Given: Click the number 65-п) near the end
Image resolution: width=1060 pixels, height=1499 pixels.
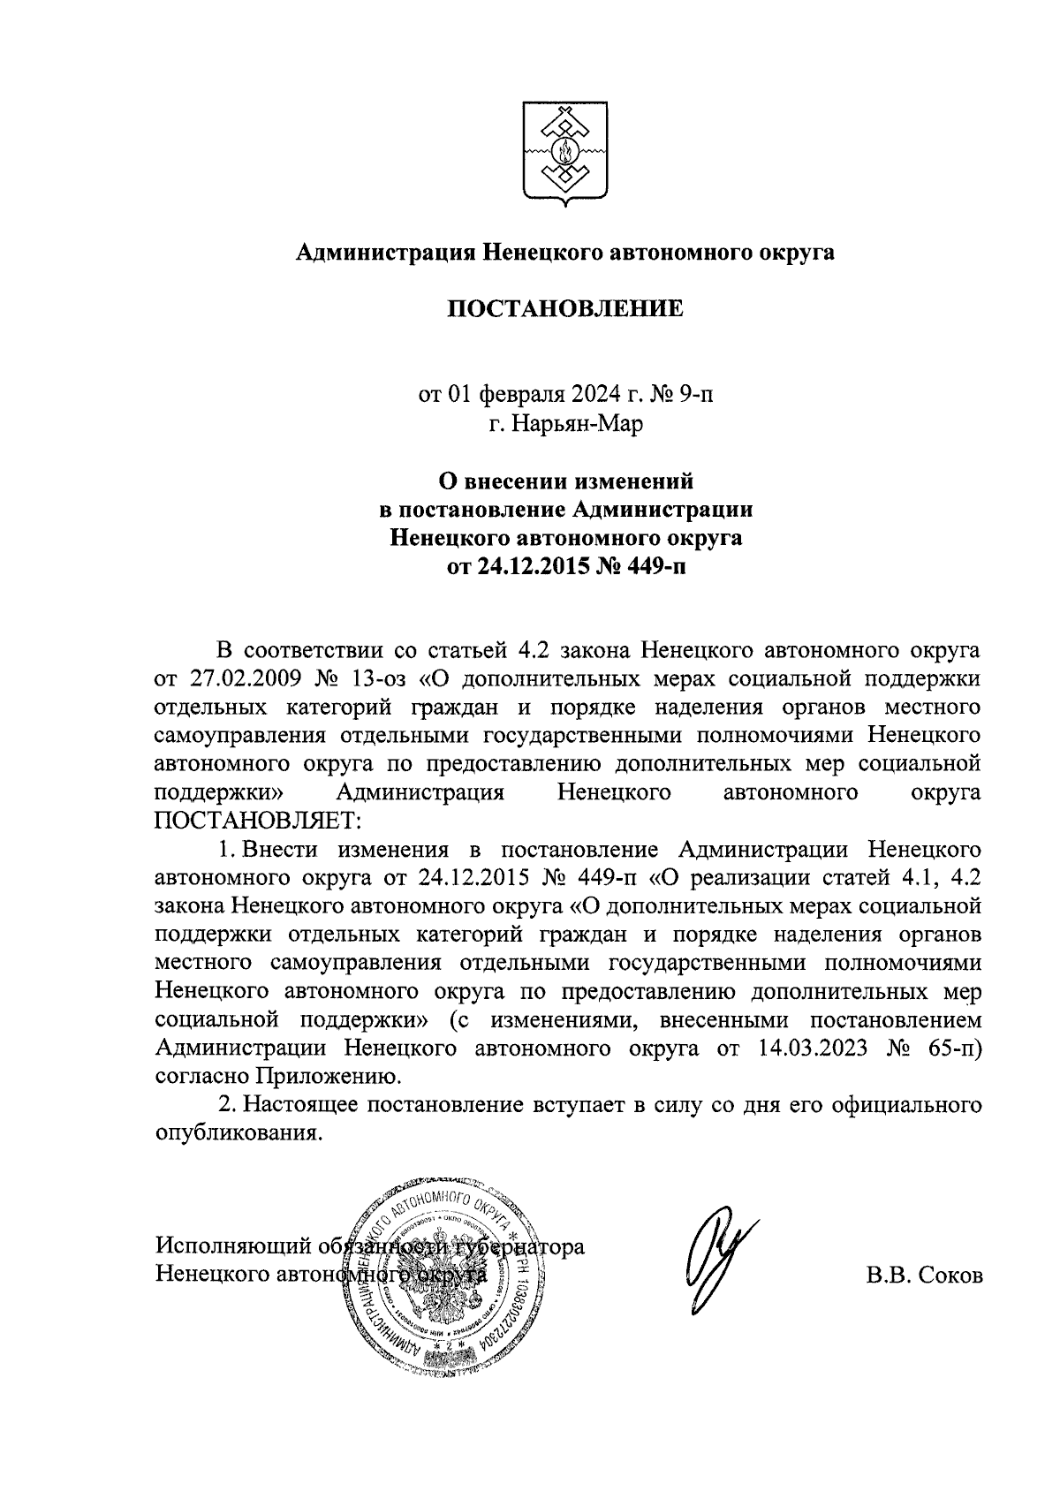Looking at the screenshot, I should pyautogui.click(x=950, y=1049).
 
